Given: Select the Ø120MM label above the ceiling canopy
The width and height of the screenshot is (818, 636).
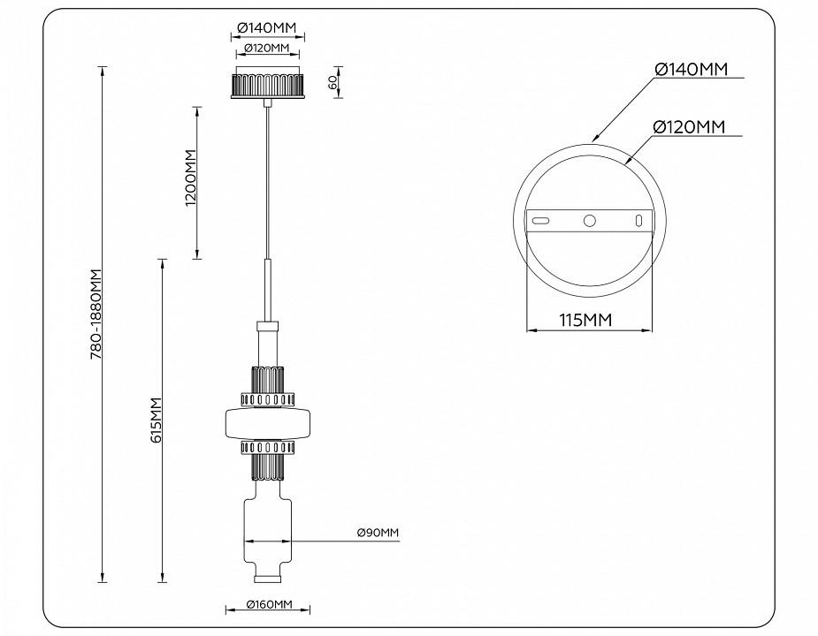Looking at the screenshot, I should click(x=268, y=47).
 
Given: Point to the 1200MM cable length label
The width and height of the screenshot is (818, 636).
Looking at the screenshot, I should click(x=190, y=179).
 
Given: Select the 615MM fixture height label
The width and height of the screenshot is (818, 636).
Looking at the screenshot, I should click(x=157, y=420).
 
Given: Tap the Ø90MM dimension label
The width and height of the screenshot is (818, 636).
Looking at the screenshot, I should click(x=378, y=533).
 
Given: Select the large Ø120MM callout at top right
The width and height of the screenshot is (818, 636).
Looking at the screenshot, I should click(x=689, y=128).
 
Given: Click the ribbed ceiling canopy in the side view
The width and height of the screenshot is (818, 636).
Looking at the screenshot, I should click(x=267, y=86).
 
